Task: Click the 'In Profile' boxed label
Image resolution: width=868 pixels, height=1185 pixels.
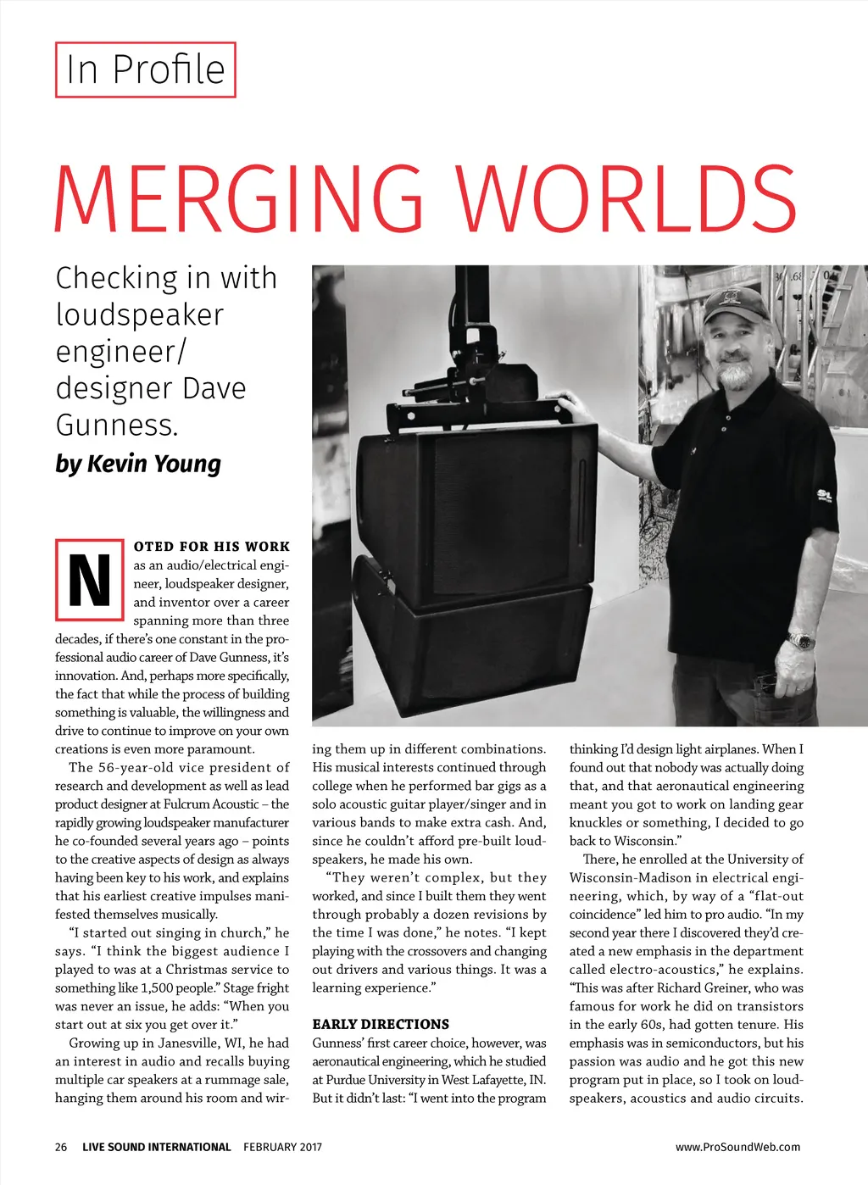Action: pyautogui.click(x=145, y=70)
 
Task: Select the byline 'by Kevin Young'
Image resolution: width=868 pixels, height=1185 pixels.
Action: pyautogui.click(x=138, y=464)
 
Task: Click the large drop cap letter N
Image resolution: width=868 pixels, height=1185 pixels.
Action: pyautogui.click(x=89, y=581)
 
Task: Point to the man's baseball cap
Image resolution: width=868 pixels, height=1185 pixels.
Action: pyautogui.click(x=734, y=303)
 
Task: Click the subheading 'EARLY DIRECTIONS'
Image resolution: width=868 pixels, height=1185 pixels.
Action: pyautogui.click(x=381, y=1024)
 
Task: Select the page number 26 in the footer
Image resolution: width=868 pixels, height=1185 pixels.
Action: pyautogui.click(x=61, y=1147)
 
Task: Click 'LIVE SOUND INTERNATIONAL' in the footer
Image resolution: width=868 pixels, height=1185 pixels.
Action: pyautogui.click(x=156, y=1147)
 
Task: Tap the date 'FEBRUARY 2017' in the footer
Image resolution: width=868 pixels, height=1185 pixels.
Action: pyautogui.click(x=282, y=1147)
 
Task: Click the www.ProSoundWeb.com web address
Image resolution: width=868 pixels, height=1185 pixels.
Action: pyautogui.click(x=737, y=1147)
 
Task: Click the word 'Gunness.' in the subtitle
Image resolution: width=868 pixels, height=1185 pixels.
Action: pyautogui.click(x=117, y=425)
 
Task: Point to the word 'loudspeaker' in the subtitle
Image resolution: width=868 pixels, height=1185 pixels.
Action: pyautogui.click(x=140, y=314)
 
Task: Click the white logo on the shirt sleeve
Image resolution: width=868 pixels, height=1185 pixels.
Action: pyautogui.click(x=825, y=495)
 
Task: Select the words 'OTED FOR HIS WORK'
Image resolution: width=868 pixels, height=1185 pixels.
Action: pyautogui.click(x=212, y=547)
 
